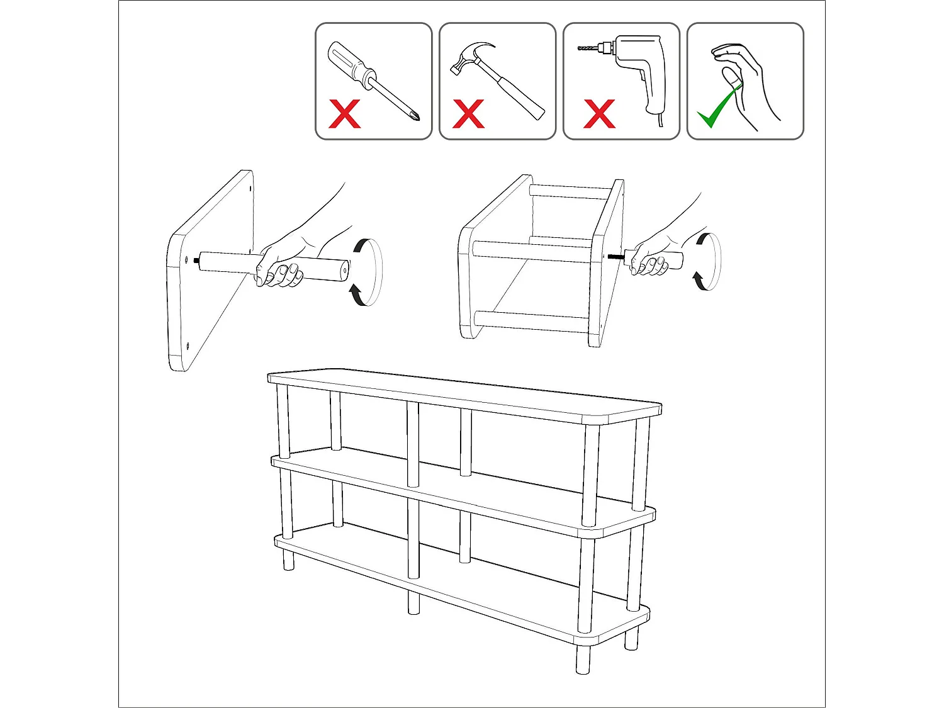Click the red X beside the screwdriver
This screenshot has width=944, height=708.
coord(345,114)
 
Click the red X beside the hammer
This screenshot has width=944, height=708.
coord(468,114)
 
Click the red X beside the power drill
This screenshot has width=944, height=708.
coord(599,114)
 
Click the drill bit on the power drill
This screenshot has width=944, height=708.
coord(588,48)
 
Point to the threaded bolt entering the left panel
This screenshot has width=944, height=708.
coord(198,258)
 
